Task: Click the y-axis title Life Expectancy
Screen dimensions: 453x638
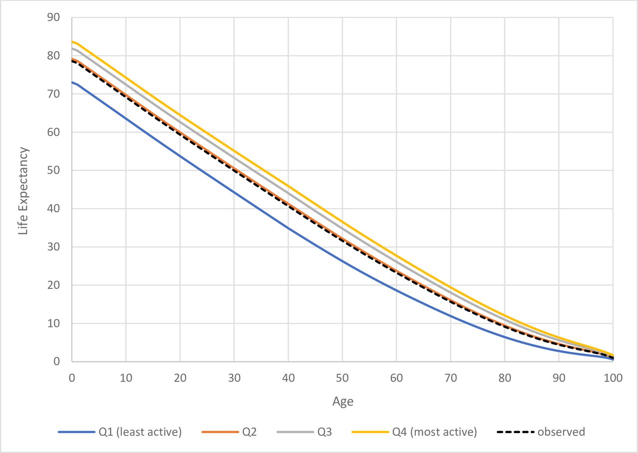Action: (23, 191)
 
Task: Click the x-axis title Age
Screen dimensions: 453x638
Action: (342, 402)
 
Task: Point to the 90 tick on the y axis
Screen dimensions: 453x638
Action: (53, 17)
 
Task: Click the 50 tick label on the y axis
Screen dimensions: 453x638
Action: (53, 171)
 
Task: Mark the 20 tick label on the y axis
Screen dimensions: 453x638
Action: (53, 285)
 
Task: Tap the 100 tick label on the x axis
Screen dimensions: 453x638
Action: (613, 378)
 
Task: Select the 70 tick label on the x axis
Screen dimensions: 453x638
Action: (451, 378)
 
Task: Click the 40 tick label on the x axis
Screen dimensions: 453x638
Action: (288, 378)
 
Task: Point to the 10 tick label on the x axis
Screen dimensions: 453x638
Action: (126, 378)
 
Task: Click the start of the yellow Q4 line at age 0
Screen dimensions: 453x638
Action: (72, 41)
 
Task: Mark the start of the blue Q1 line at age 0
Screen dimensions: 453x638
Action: (72, 82)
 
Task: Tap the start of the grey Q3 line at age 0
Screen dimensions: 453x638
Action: (72, 48)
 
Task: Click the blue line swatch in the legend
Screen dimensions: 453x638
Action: (76, 432)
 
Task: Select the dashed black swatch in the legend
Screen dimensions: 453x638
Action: (515, 432)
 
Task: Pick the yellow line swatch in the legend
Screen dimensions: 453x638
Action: (369, 432)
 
